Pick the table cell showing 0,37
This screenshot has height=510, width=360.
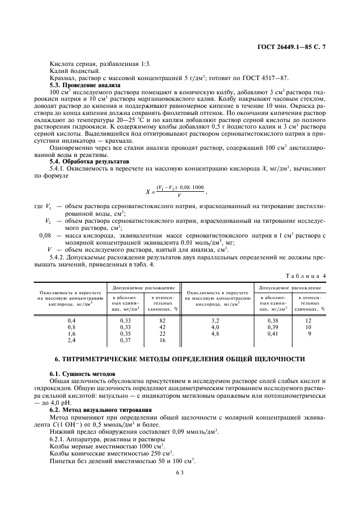[x=125, y=340]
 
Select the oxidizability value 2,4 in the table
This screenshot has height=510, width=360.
[x=71, y=340]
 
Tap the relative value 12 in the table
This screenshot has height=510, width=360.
[x=308, y=321]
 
